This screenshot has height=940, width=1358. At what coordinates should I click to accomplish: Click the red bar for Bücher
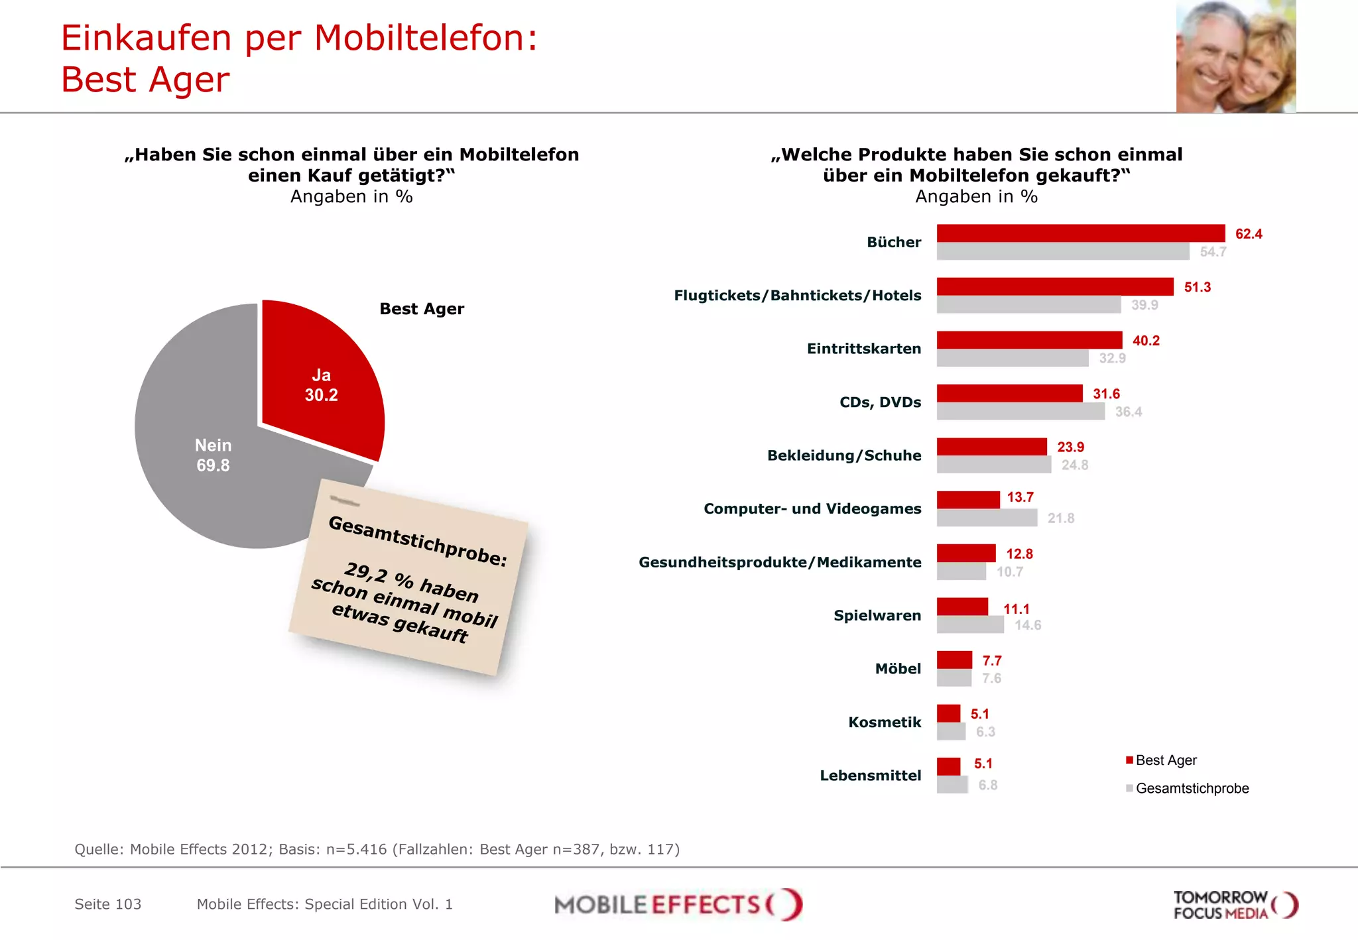point(1081,233)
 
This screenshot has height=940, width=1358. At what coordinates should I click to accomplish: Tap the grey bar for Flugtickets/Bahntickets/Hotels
point(1028,305)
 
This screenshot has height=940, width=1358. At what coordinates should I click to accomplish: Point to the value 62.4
point(1249,234)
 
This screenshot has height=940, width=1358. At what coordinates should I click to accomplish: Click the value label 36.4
point(1128,412)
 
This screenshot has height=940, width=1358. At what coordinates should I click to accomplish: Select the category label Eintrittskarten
point(863,349)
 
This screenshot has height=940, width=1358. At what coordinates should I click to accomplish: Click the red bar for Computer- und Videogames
point(968,500)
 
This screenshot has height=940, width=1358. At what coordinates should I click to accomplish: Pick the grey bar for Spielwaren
point(970,624)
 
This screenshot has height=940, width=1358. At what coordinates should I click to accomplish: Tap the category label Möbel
point(898,668)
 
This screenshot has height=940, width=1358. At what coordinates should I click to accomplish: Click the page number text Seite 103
point(107,904)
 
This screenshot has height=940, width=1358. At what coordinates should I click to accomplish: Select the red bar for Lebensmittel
point(948,766)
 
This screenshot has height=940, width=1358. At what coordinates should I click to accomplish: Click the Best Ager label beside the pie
point(422,309)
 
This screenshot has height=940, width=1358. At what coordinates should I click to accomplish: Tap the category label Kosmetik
point(885,722)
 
